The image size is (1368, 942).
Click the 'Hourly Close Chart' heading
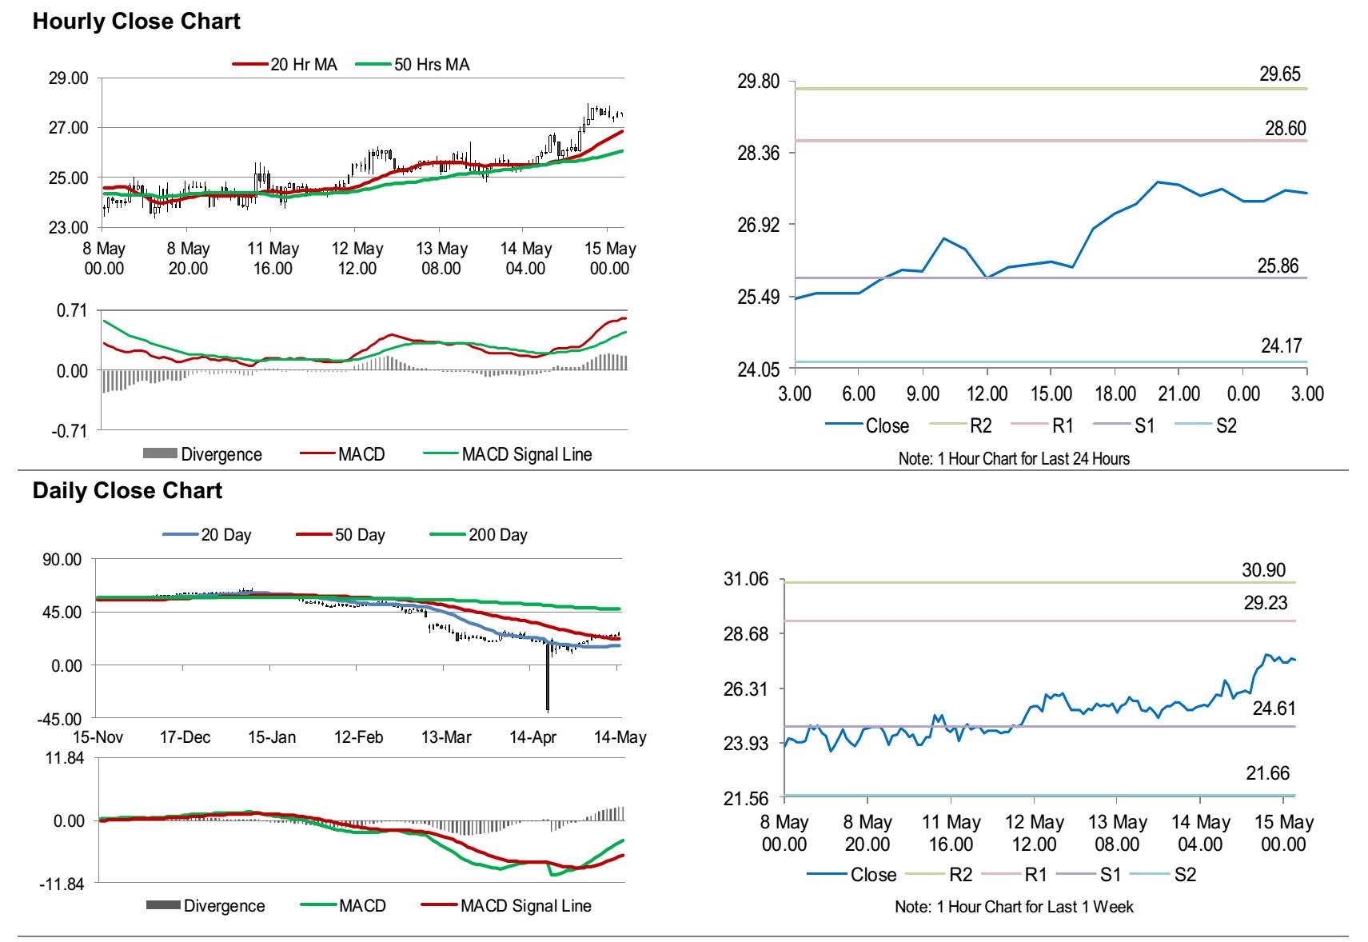[x=136, y=22]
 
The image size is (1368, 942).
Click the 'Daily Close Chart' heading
[x=127, y=490]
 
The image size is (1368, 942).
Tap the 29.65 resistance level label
[x=1279, y=74]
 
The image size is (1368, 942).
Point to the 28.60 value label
[x=1285, y=129]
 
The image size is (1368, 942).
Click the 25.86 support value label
[x=1278, y=266]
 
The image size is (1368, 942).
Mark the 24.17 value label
[x=1281, y=346]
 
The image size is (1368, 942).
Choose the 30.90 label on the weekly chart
[x=1263, y=570]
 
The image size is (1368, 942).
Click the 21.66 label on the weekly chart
[x=1267, y=773]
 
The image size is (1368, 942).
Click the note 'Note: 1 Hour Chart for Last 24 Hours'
[x=1014, y=459]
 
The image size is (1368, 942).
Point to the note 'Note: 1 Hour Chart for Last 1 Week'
[x=1014, y=907]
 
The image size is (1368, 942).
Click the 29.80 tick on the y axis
[x=757, y=82]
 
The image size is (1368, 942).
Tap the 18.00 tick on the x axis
[x=1115, y=393]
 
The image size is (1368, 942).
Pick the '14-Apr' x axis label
[x=532, y=737]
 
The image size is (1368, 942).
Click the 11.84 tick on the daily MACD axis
[x=65, y=758]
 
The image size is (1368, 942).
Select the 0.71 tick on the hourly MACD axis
[x=71, y=310]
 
